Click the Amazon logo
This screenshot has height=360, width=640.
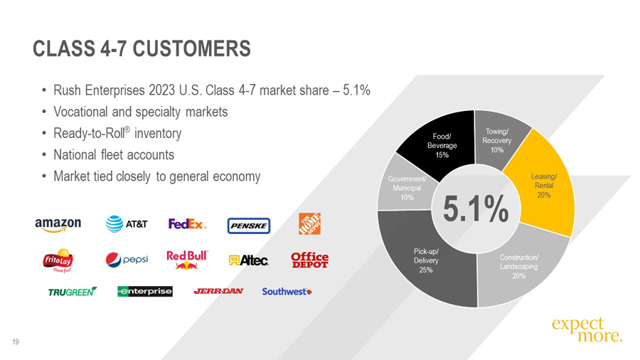pyautogui.click(x=58, y=224)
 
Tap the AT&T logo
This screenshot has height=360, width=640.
pyautogui.click(x=127, y=224)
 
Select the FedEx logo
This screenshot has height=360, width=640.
pyautogui.click(x=187, y=224)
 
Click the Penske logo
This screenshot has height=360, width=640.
pyautogui.click(x=248, y=226)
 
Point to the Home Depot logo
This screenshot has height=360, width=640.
pyautogui.click(x=309, y=224)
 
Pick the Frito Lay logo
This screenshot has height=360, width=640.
pyautogui.click(x=58, y=260)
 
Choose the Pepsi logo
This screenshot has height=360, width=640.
pyautogui.click(x=127, y=260)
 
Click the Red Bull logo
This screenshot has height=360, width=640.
pyautogui.click(x=187, y=259)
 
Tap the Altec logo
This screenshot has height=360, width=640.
pyautogui.click(x=248, y=260)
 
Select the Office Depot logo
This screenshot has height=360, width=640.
pyautogui.click(x=309, y=260)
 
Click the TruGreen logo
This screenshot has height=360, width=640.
pyautogui.click(x=72, y=292)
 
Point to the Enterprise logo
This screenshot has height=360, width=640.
pyautogui.click(x=144, y=292)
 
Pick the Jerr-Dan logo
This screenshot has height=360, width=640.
pyautogui.click(x=218, y=292)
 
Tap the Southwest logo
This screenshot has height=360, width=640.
pyautogui.click(x=287, y=292)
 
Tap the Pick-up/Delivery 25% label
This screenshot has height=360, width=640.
pyautogui.click(x=426, y=260)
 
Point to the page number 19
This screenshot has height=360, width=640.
pyautogui.click(x=15, y=343)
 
